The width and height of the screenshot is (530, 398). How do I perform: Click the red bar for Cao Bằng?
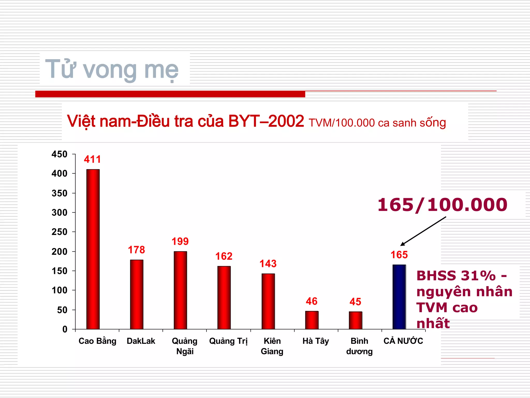point(93,249)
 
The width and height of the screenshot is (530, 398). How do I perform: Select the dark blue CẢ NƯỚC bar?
point(399,297)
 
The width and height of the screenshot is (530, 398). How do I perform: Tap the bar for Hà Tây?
point(312,320)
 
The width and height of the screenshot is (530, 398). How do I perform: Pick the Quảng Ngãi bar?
point(180,290)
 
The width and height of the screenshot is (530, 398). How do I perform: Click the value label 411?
point(92,159)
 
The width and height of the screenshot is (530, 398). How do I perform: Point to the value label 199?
point(180,241)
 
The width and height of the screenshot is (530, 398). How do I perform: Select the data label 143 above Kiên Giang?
point(268,264)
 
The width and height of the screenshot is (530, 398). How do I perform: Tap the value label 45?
point(355,302)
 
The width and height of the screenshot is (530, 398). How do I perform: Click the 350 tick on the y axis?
point(60,193)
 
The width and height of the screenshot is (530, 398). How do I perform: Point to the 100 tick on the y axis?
point(60,290)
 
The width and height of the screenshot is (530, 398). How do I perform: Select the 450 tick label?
point(60,154)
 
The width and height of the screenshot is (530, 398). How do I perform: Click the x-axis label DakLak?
point(141,341)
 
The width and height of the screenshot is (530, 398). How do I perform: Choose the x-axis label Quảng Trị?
point(228,341)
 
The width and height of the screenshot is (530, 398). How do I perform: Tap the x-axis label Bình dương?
point(359,346)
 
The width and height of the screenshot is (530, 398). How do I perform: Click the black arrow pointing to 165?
point(423,231)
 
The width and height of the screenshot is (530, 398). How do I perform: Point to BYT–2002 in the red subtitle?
point(266,121)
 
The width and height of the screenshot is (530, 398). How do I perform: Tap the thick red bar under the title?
point(170,94)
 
